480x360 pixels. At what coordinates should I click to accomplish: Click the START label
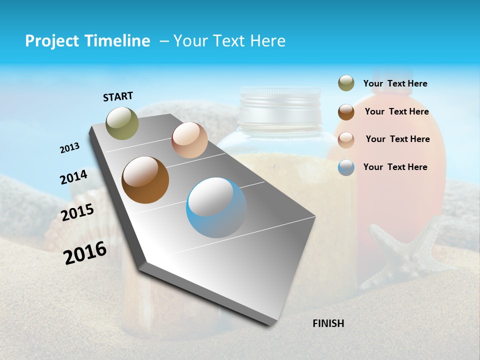(118, 96)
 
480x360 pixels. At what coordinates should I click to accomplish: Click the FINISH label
(328, 323)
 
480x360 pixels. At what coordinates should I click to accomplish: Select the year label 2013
(69, 148)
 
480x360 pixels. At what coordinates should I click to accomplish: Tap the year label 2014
(73, 177)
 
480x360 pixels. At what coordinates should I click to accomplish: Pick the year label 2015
(77, 212)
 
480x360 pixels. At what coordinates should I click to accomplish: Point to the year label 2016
(85, 253)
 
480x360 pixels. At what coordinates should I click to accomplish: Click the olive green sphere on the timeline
(122, 123)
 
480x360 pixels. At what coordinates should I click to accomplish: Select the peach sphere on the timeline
(189, 140)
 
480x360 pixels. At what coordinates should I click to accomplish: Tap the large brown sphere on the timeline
(145, 180)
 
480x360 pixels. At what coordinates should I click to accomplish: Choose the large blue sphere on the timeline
(216, 207)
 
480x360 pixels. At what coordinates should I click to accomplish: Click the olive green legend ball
(346, 83)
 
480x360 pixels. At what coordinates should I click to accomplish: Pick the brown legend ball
(346, 112)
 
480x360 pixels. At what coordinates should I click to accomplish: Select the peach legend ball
(346, 140)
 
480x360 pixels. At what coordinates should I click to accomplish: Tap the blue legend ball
(346, 167)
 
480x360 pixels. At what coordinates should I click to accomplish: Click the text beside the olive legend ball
(395, 84)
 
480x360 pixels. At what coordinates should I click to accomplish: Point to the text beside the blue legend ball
(395, 167)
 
